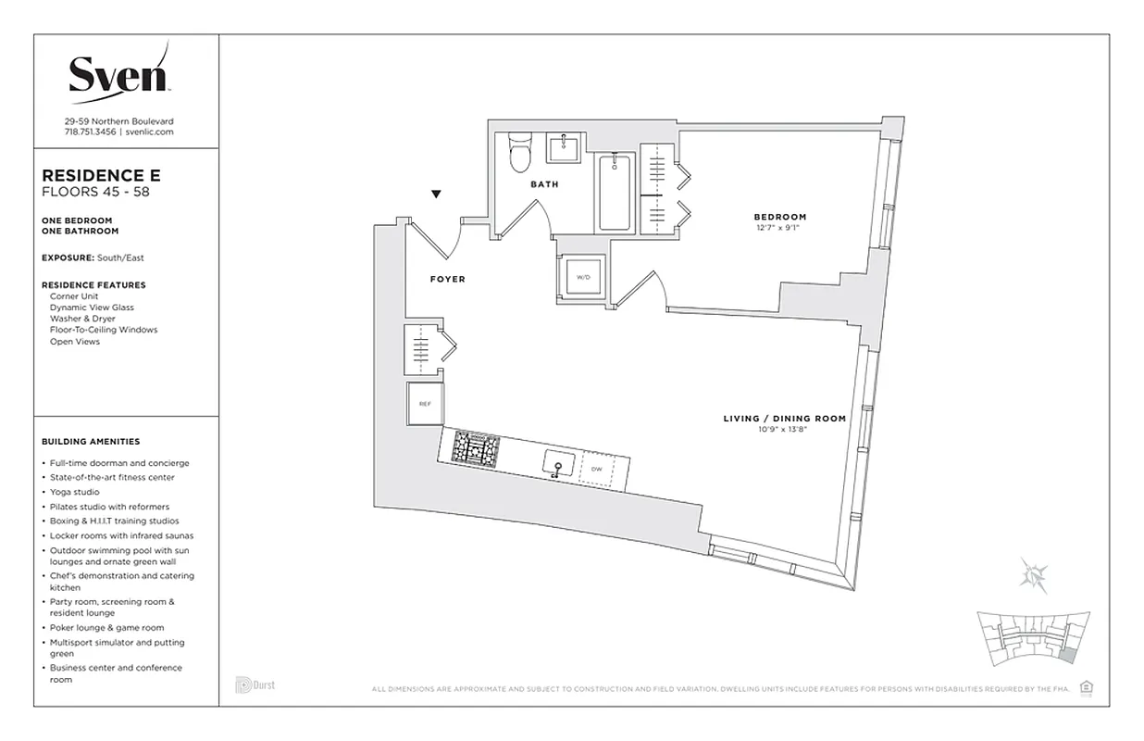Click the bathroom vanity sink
click(562, 147)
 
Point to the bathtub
click(615, 193)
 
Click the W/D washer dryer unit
click(583, 276)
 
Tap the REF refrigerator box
click(425, 404)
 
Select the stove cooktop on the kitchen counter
click(475, 449)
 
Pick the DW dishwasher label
click(597, 470)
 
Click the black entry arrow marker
click(437, 195)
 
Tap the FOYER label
click(447, 279)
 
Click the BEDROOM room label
click(779, 217)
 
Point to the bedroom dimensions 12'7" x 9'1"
click(776, 228)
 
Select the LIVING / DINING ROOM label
click(784, 419)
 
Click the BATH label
click(544, 184)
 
